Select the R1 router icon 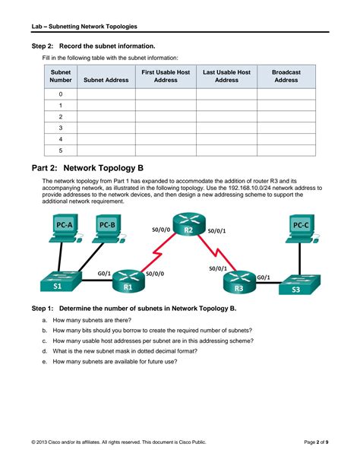(x=128, y=281)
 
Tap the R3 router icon (x=239, y=282)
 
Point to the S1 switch (x=61, y=281)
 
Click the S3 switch (x=300, y=284)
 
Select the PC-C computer (x=302, y=229)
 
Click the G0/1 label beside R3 (x=264, y=277)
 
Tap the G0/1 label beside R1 (x=104, y=273)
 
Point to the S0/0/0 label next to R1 (x=155, y=274)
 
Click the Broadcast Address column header (x=286, y=76)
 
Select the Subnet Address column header (x=106, y=80)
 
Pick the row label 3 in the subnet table (x=61, y=128)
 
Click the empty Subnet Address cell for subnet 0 (x=106, y=94)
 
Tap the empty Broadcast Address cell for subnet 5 (x=286, y=151)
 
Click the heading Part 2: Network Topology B (x=87, y=168)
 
